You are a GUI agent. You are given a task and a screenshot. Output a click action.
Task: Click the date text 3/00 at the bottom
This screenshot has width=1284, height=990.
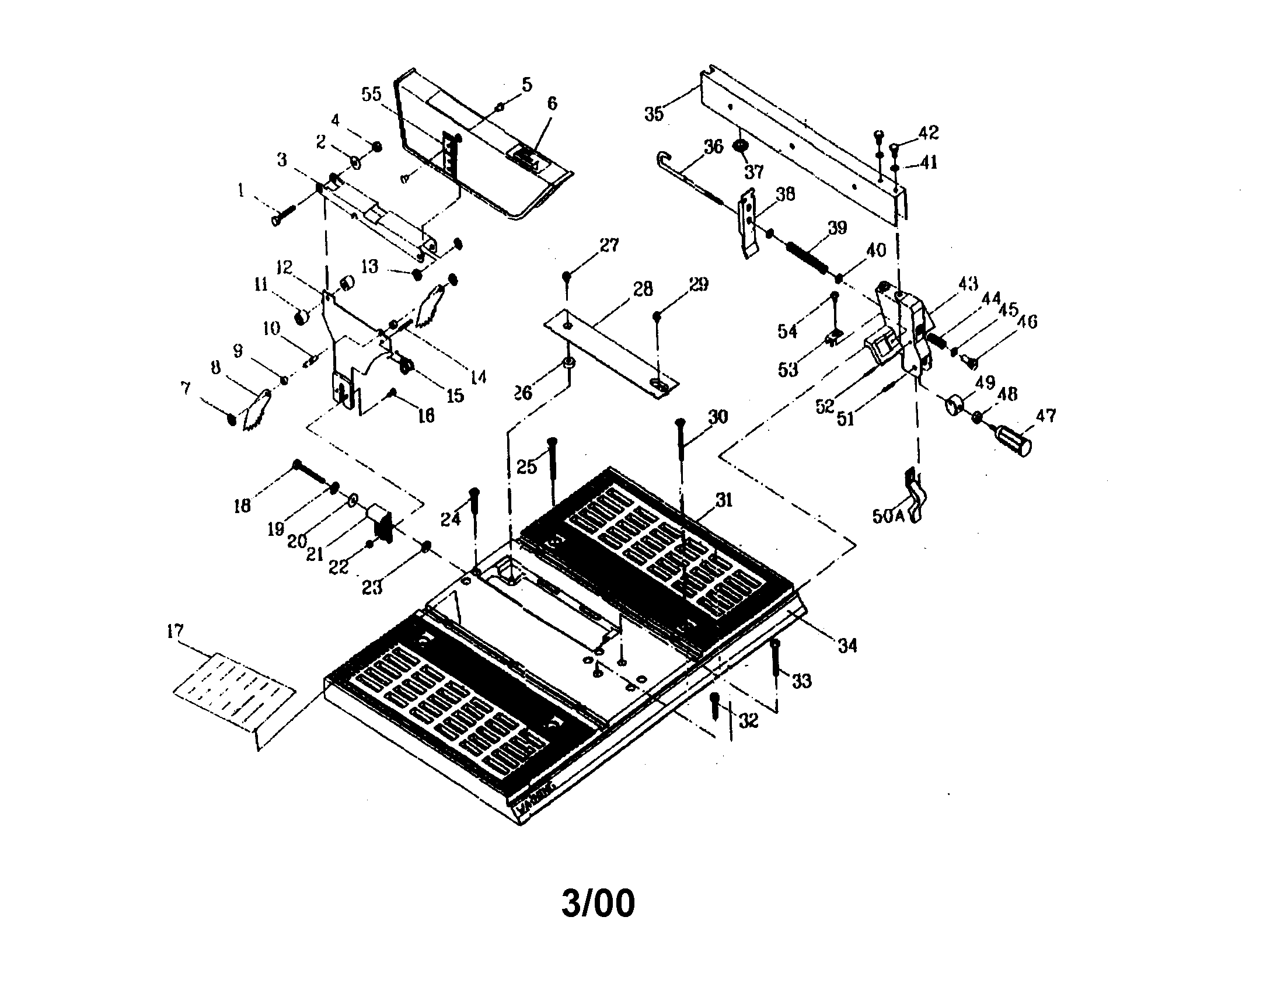[x=598, y=903]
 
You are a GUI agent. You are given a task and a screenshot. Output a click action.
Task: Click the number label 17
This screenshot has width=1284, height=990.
[x=175, y=632]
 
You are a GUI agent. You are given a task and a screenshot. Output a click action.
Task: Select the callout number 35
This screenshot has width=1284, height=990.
[x=654, y=113]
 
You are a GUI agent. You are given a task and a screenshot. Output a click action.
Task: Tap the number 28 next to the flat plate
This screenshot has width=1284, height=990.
[x=643, y=290]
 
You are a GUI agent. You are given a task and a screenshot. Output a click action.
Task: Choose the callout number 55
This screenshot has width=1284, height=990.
[x=371, y=94]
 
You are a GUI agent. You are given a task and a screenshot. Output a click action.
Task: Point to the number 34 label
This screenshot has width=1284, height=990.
[x=847, y=646]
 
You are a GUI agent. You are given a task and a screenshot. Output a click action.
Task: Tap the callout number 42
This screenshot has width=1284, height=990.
[x=929, y=133]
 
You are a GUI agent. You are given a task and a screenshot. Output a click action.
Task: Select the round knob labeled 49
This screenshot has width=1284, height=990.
[x=953, y=405]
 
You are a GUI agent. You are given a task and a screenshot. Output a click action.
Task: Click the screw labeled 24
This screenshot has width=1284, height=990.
[x=475, y=507]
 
